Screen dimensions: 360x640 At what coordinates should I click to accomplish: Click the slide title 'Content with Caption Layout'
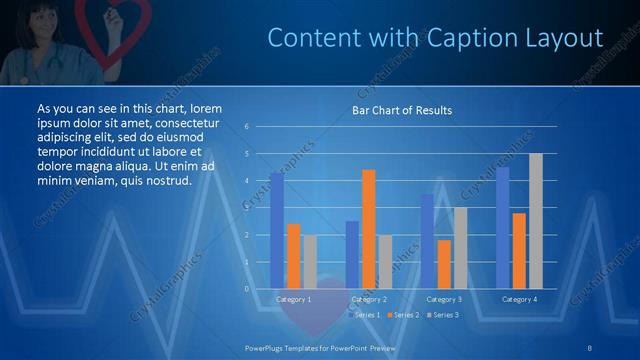pos(436,39)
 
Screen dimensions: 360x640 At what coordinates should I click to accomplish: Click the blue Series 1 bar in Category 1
pos(276,230)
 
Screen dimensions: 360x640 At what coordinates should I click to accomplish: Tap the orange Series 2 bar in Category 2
pos(368,229)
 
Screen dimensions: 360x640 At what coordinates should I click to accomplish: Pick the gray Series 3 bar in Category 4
pos(536,221)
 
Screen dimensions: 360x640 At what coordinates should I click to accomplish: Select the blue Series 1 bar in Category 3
pos(427,241)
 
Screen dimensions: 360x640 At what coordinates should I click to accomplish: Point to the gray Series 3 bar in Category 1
pos(310,261)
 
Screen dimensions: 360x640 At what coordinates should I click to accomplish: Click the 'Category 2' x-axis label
pos(368,299)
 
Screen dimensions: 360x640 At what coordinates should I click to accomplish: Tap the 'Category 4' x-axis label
pos(519,299)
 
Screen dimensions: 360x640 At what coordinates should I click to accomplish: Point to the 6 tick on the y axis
pos(247,127)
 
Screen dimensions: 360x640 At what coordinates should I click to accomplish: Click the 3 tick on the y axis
pos(247,208)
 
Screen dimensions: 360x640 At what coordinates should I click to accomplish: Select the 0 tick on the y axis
pos(247,289)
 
